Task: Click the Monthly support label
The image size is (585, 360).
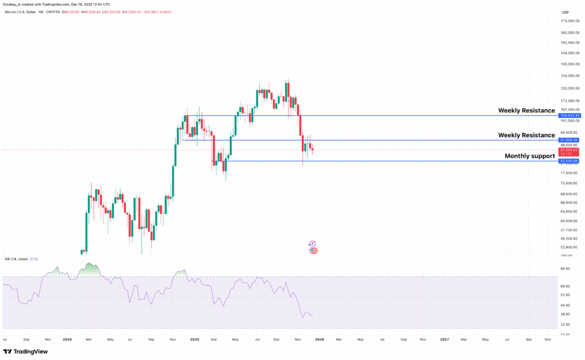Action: point(530,156)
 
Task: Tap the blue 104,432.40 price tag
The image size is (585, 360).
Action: point(569,115)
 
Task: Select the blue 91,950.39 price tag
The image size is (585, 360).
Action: point(569,140)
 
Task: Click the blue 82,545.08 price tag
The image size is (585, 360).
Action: point(569,161)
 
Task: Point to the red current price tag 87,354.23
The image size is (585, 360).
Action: point(569,150)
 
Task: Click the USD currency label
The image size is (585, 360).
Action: point(566,12)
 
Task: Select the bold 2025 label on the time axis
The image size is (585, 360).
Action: point(194,339)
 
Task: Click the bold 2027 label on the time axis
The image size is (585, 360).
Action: point(444,339)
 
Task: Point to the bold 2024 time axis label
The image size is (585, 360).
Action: point(67,339)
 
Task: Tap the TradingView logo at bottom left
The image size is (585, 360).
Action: point(25,352)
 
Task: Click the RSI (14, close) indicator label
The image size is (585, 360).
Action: point(17,259)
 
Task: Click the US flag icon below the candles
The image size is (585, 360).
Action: point(313,250)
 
